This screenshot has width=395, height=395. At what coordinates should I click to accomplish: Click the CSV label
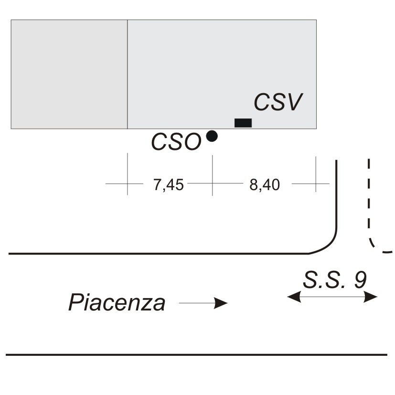tap(278, 102)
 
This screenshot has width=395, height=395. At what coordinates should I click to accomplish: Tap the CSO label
tap(176, 142)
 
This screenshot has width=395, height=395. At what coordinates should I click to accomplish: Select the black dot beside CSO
tap(212, 136)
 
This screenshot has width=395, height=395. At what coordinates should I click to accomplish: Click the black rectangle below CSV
tap(243, 123)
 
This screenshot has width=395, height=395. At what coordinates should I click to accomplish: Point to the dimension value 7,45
tap(169, 185)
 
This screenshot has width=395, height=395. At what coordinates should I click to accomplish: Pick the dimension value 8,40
tap(265, 185)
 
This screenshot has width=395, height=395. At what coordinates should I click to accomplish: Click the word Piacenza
tap(117, 302)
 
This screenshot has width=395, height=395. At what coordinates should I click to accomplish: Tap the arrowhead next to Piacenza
tap(221, 303)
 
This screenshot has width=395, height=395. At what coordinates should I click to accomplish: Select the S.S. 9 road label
tap(334, 279)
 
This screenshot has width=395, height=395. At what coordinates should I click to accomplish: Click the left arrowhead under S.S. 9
tap(294, 297)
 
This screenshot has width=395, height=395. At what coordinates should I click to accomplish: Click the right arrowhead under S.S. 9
tap(371, 297)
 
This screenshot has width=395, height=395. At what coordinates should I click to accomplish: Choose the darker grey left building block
tap(69, 75)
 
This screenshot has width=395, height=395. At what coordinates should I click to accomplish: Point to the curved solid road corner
tap(329, 245)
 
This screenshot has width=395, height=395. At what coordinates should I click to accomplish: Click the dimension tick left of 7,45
tap(128, 174)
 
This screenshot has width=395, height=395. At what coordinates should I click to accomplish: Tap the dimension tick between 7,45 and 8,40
tap(213, 175)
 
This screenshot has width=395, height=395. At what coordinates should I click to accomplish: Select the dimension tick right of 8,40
tap(316, 174)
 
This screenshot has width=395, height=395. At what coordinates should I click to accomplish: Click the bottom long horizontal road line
tap(196, 355)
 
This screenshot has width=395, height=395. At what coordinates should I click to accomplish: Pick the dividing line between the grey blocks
tap(128, 75)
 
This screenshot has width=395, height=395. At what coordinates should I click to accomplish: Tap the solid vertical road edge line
tap(336, 194)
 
